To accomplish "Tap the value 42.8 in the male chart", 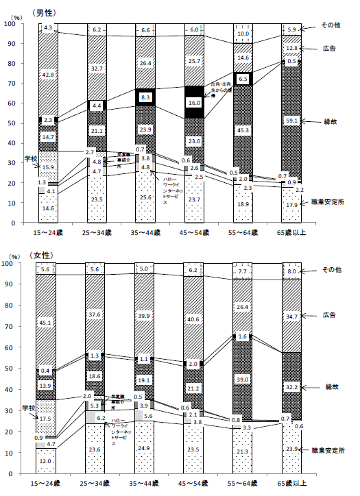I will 48,74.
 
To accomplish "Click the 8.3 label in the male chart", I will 145,98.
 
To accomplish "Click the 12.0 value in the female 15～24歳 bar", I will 48,461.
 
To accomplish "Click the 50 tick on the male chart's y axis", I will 13,123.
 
